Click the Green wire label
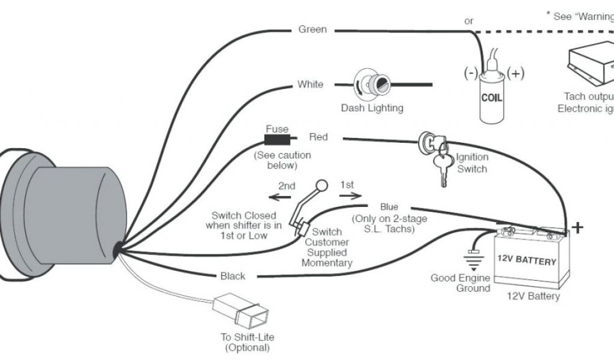click(312, 29)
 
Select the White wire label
click(310, 85)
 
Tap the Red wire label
click(318, 137)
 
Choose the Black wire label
click(233, 276)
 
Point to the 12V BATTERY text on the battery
click(526, 261)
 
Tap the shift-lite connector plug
click(237, 310)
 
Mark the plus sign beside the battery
click(577, 227)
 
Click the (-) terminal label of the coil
click(470, 74)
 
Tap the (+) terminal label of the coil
click(515, 74)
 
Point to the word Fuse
click(276, 129)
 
